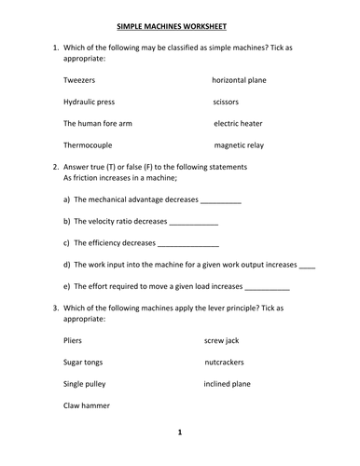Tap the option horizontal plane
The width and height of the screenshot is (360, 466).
239,80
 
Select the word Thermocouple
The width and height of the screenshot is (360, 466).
90,145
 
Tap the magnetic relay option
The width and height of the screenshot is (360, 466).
241,145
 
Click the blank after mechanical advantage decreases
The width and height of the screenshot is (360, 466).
221,200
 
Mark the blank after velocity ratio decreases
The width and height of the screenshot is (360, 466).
195,222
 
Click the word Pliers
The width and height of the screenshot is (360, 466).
73,341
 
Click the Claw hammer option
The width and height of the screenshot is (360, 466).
87,406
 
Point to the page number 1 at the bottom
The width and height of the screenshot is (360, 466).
180,432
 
